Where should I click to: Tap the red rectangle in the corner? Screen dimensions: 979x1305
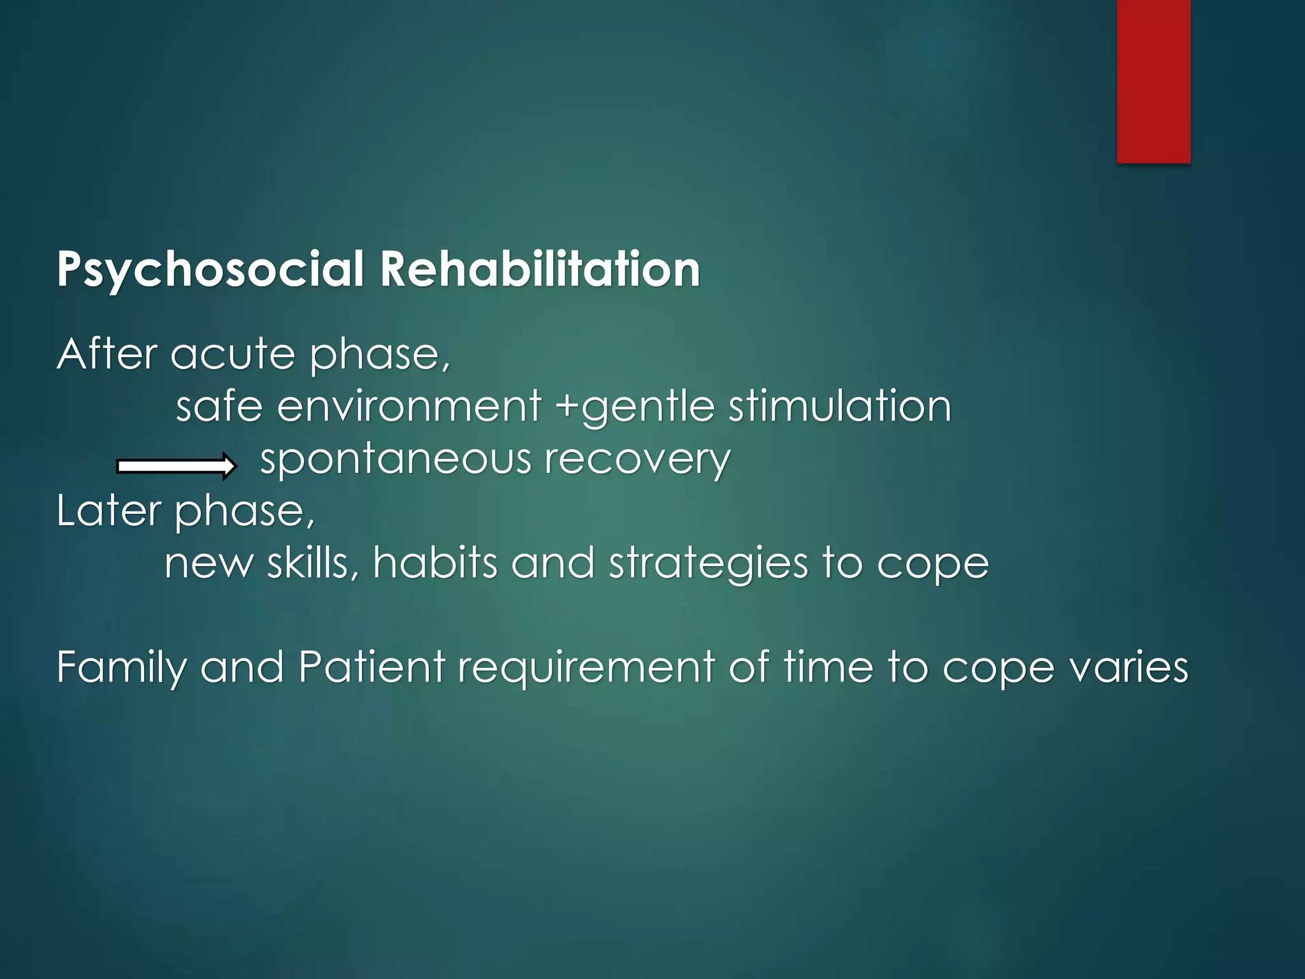coord(1153,81)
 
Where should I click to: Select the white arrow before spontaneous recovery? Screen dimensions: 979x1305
coord(177,467)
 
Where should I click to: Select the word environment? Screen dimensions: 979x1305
coord(408,406)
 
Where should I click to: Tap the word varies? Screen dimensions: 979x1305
coord(1128,668)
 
